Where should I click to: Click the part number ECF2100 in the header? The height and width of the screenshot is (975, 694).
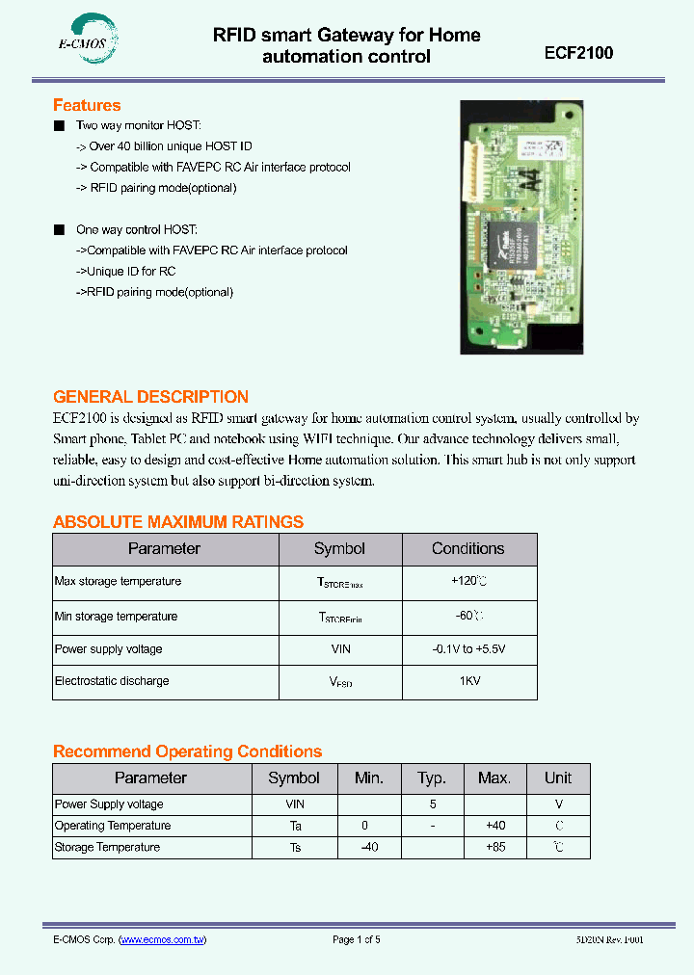pyautogui.click(x=578, y=53)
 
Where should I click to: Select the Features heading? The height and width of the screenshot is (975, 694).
pyautogui.click(x=87, y=105)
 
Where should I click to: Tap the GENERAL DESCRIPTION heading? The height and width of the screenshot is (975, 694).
pyautogui.click(x=150, y=397)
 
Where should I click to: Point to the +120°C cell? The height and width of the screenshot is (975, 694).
pyautogui.click(x=468, y=582)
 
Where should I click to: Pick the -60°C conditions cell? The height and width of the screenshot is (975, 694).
pyautogui.click(x=468, y=617)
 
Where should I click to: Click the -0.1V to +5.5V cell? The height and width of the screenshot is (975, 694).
pyautogui.click(x=468, y=649)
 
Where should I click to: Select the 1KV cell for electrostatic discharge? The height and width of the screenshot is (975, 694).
pyautogui.click(x=468, y=681)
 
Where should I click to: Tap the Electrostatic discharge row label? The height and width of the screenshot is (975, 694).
pyautogui.click(x=112, y=681)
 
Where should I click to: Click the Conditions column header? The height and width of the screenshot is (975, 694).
pyautogui.click(x=468, y=549)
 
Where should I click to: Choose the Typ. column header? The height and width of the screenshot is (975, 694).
pyautogui.click(x=432, y=778)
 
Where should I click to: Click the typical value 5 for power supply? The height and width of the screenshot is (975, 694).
pyautogui.click(x=432, y=804)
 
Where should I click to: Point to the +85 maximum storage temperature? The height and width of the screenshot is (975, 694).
pyautogui.click(x=494, y=848)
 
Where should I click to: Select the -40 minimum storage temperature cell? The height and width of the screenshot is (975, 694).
pyautogui.click(x=368, y=848)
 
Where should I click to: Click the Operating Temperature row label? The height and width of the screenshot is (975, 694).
pyautogui.click(x=113, y=826)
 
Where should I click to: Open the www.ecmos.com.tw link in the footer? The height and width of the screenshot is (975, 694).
pyautogui.click(x=163, y=940)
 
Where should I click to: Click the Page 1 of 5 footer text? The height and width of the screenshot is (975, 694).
pyautogui.click(x=357, y=940)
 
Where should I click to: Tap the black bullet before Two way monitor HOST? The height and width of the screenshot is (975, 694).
pyautogui.click(x=59, y=126)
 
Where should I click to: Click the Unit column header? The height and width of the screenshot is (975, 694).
pyautogui.click(x=558, y=778)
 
